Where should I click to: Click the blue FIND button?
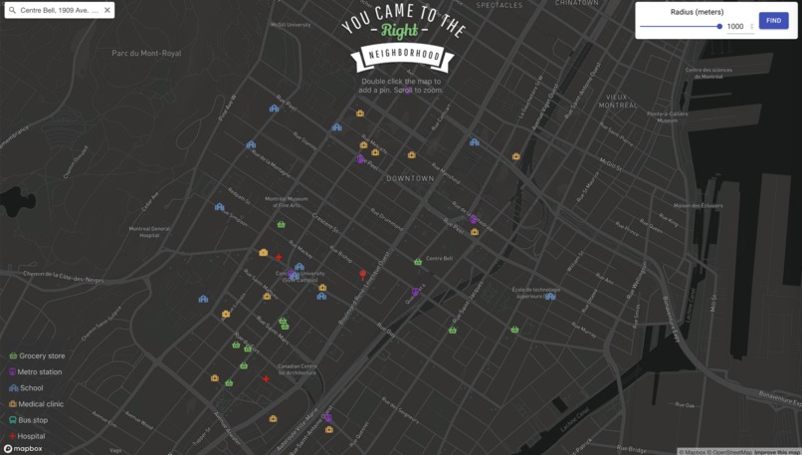773,20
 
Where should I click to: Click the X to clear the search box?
107,10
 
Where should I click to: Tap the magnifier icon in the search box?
12,10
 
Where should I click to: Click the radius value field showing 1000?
736,27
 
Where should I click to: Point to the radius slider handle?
719,26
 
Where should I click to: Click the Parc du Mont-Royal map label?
146,54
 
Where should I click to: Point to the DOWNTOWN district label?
410,178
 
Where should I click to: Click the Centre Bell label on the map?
439,259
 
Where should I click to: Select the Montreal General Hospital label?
149,231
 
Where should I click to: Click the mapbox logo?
22,449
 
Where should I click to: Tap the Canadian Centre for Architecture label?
297,369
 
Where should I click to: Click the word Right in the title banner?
399,30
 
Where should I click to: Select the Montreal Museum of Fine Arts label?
287,201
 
